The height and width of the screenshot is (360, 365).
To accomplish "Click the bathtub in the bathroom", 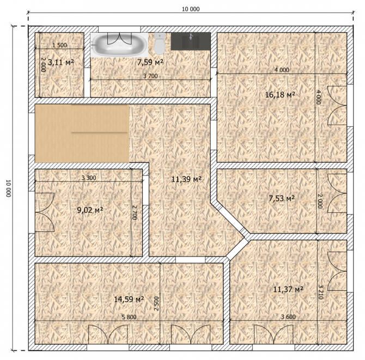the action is click(119, 45).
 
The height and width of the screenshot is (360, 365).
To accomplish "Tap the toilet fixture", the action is click(160, 44).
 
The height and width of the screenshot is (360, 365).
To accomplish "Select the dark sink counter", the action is click(191, 41).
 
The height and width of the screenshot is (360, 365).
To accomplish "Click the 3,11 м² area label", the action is click(61, 63).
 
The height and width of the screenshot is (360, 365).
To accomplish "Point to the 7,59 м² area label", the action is click(150, 63).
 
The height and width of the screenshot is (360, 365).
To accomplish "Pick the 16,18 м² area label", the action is click(280, 95).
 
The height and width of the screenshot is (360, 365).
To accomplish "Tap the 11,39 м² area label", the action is click(186, 179).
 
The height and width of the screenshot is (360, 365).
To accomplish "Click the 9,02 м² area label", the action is click(90, 210).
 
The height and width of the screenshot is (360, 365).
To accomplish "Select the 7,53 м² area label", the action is click(282, 198).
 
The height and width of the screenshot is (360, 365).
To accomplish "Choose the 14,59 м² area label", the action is click(129, 299).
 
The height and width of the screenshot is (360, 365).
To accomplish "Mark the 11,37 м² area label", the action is click(288, 289).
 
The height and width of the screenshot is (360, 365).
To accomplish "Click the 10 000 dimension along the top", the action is click(191, 9).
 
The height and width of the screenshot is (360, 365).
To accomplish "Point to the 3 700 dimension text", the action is click(150, 76).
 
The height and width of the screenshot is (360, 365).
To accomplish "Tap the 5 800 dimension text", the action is click(129, 317).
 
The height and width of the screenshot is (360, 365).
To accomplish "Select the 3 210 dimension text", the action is click(320, 292).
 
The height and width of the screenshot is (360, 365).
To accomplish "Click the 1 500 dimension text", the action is click(59, 45).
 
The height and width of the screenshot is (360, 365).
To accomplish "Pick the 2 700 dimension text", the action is click(135, 212).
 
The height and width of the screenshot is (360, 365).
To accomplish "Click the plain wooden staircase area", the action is click(82, 133).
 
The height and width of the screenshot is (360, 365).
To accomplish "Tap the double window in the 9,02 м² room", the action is click(45, 212).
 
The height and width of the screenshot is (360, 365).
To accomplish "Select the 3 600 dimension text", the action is click(288, 317).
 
